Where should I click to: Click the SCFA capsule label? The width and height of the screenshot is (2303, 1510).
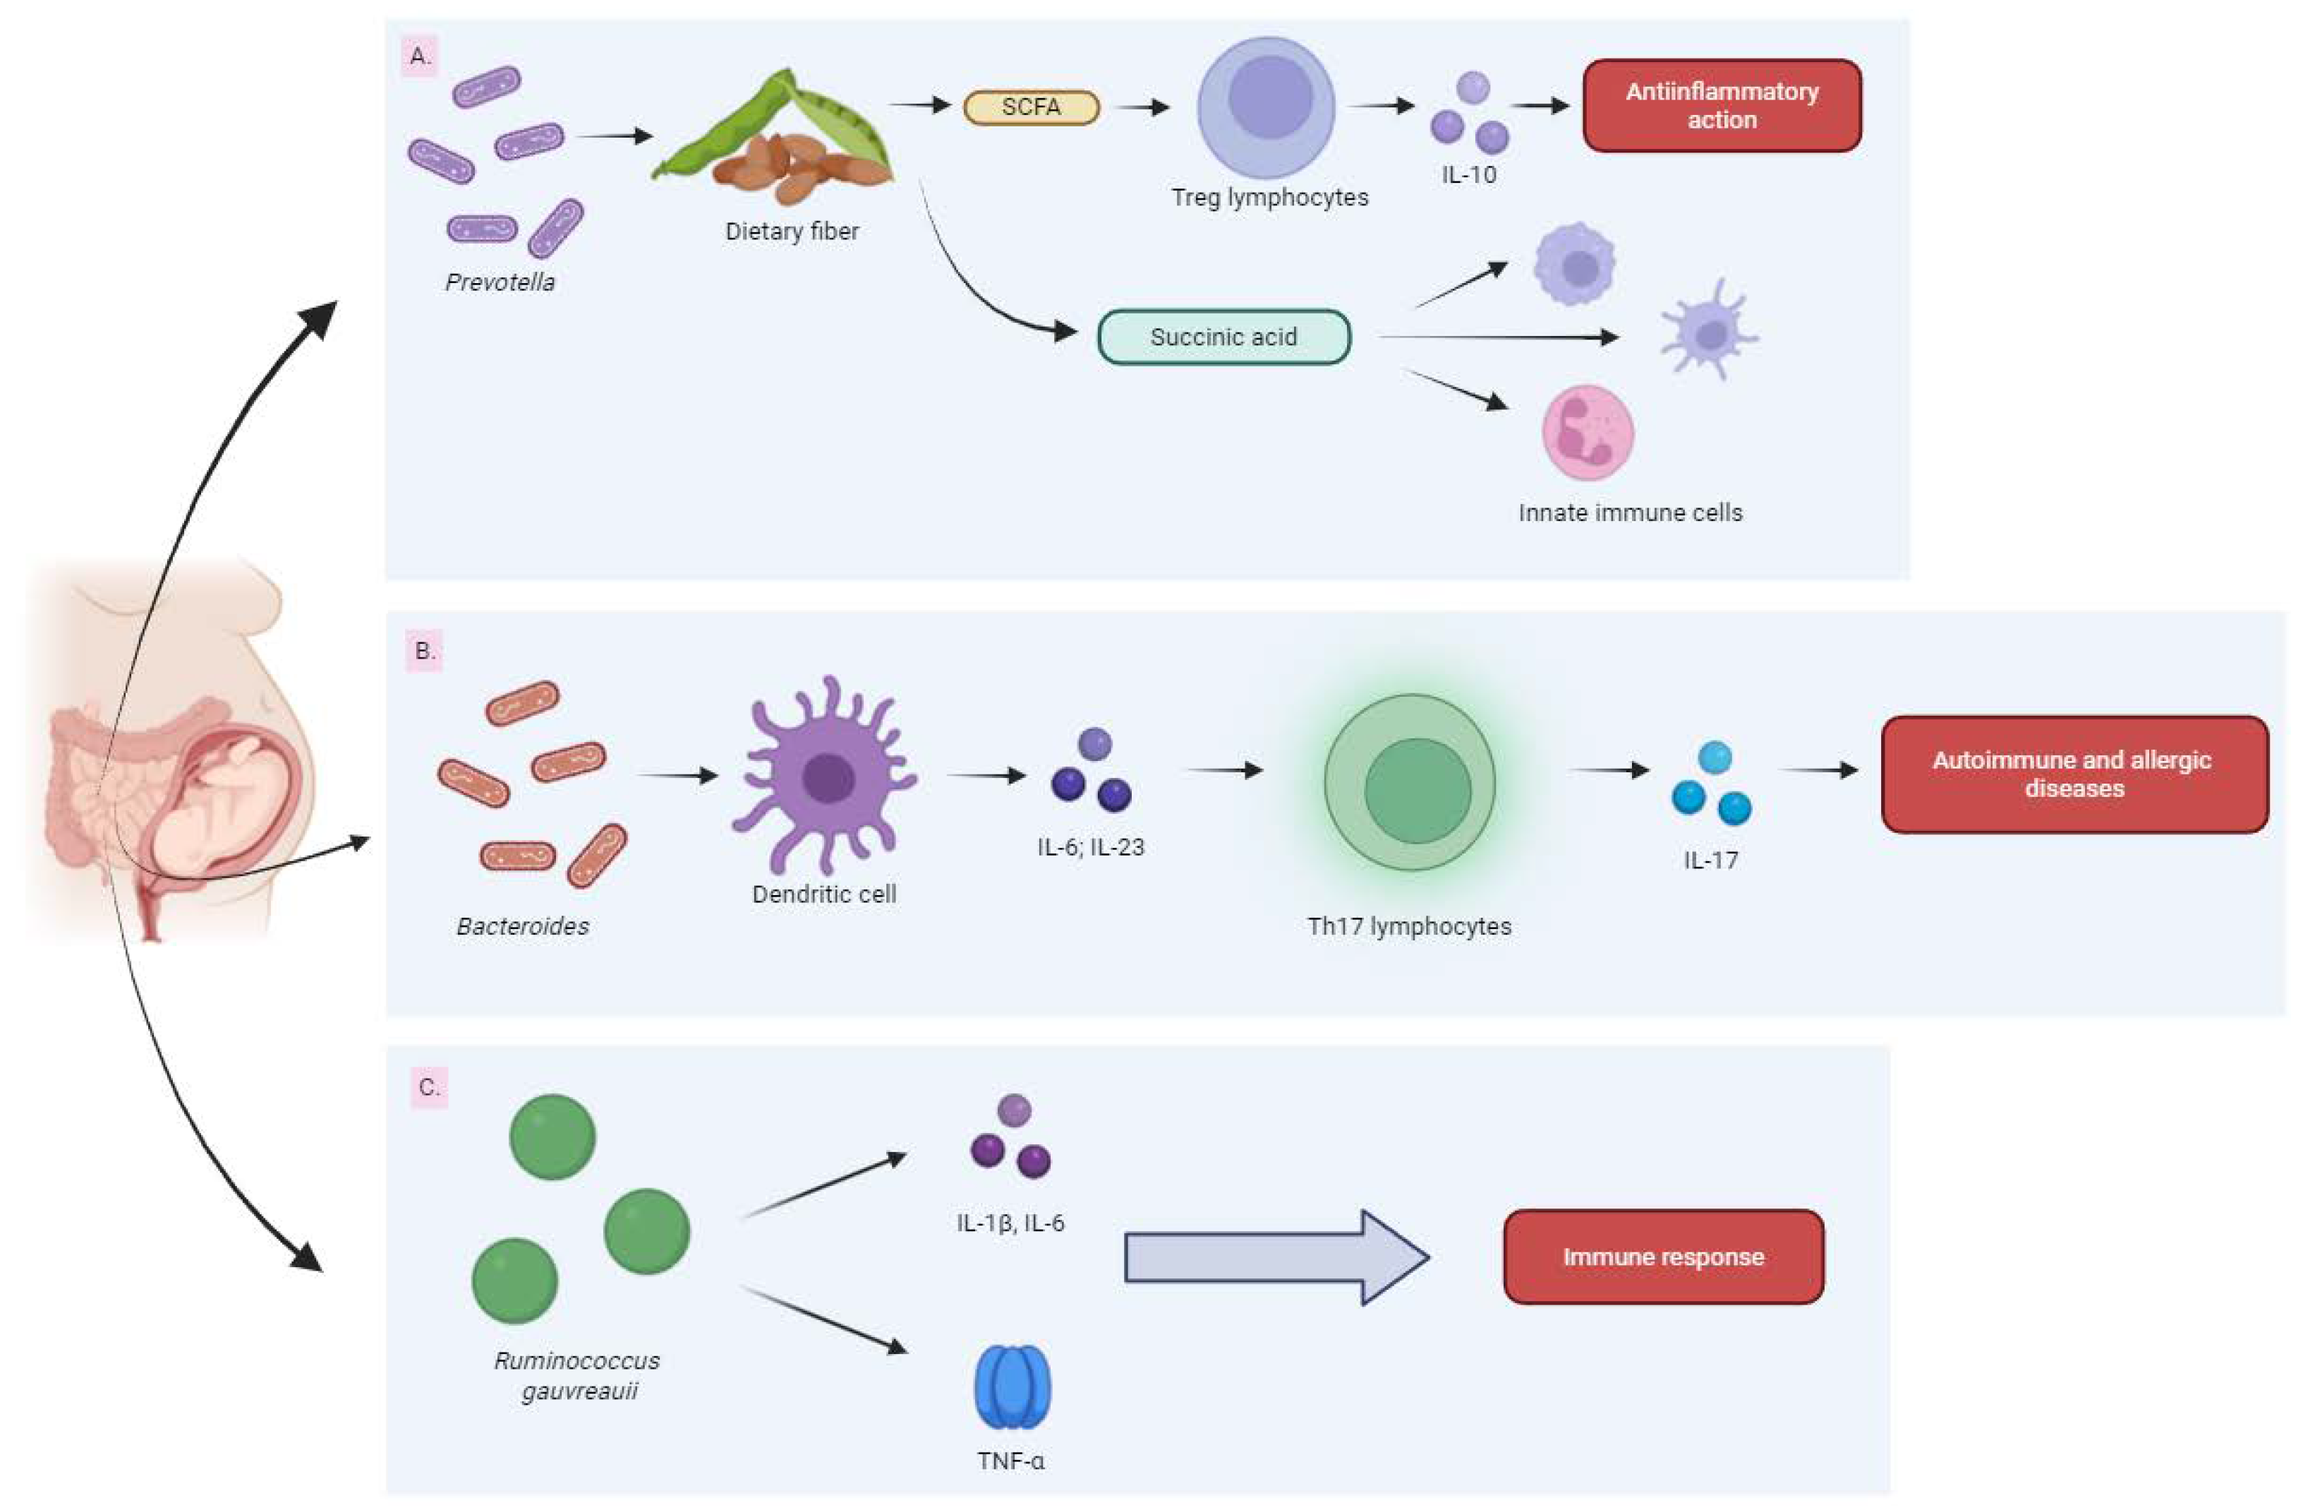tap(1032, 107)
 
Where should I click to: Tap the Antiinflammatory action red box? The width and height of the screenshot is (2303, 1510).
tap(1722, 105)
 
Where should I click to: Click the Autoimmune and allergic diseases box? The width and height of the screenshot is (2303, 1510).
tap(2074, 774)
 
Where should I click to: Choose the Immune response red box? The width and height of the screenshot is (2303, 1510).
tap(1662, 1257)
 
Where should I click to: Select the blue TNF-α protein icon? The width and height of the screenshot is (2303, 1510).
tap(1013, 1386)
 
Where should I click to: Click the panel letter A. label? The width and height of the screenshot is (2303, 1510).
tap(420, 56)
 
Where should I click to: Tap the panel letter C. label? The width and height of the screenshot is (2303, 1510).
tap(429, 1087)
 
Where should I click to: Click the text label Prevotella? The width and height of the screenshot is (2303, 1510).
tap(500, 282)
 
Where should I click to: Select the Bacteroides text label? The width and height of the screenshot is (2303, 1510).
tap(523, 926)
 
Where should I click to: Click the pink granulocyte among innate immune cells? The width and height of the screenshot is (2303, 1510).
tap(1587, 433)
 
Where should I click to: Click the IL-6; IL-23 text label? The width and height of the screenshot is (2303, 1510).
tap(1091, 847)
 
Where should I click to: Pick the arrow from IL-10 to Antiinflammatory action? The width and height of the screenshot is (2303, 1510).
tap(1540, 105)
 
